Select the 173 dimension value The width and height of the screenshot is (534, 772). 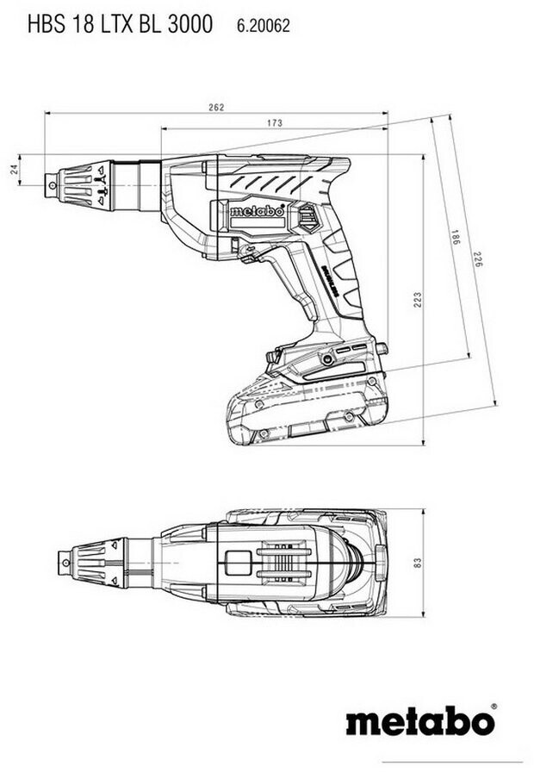coord(274,123)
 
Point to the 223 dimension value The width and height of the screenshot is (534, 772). coord(417,299)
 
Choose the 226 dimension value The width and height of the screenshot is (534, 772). coord(476,258)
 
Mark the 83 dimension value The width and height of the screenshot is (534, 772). coord(417,562)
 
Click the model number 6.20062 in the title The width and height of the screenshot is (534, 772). coord(264,27)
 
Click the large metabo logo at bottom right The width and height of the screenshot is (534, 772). coord(420,720)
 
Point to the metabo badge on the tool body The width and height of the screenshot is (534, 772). coord(258,211)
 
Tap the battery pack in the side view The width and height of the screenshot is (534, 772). coord(306,409)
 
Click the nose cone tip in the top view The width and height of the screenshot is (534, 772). coord(65,561)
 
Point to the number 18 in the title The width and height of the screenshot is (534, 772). coord(84,26)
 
